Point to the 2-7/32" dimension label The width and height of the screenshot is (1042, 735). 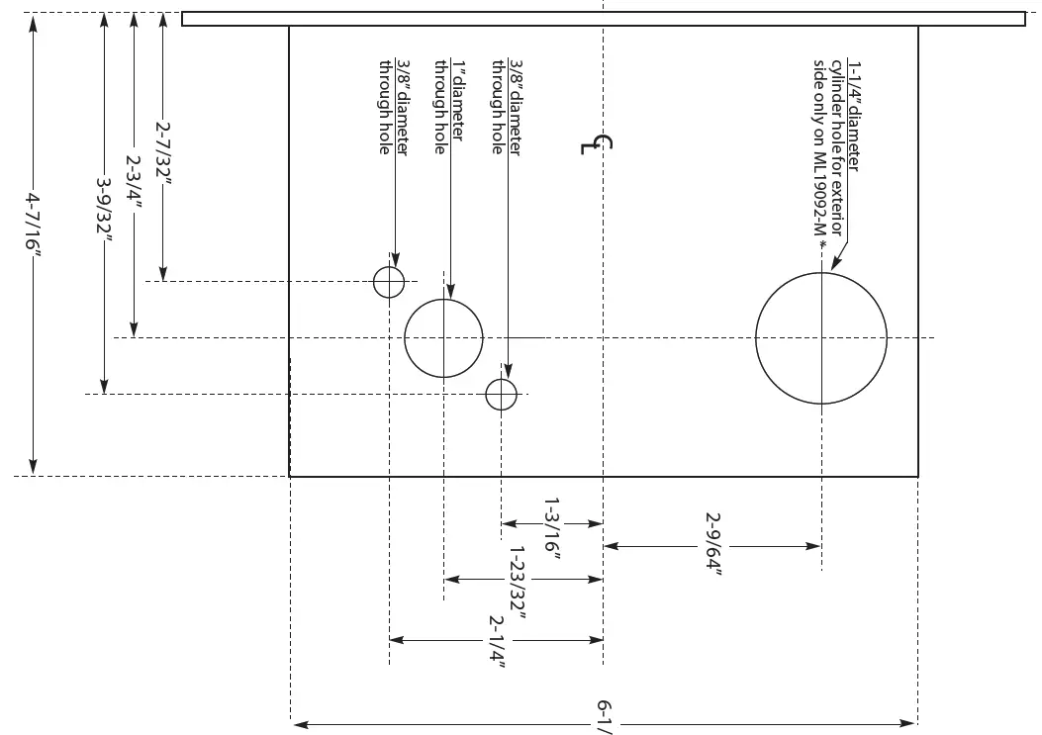click(x=164, y=149)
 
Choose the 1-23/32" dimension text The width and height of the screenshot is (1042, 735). click(x=517, y=583)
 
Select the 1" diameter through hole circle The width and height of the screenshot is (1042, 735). click(x=444, y=337)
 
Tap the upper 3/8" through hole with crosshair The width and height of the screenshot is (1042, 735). click(x=389, y=282)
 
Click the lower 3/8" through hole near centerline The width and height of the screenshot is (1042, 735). click(x=502, y=395)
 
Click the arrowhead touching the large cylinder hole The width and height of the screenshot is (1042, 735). click(x=833, y=264)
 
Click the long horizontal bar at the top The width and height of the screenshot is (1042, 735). click(x=603, y=19)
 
